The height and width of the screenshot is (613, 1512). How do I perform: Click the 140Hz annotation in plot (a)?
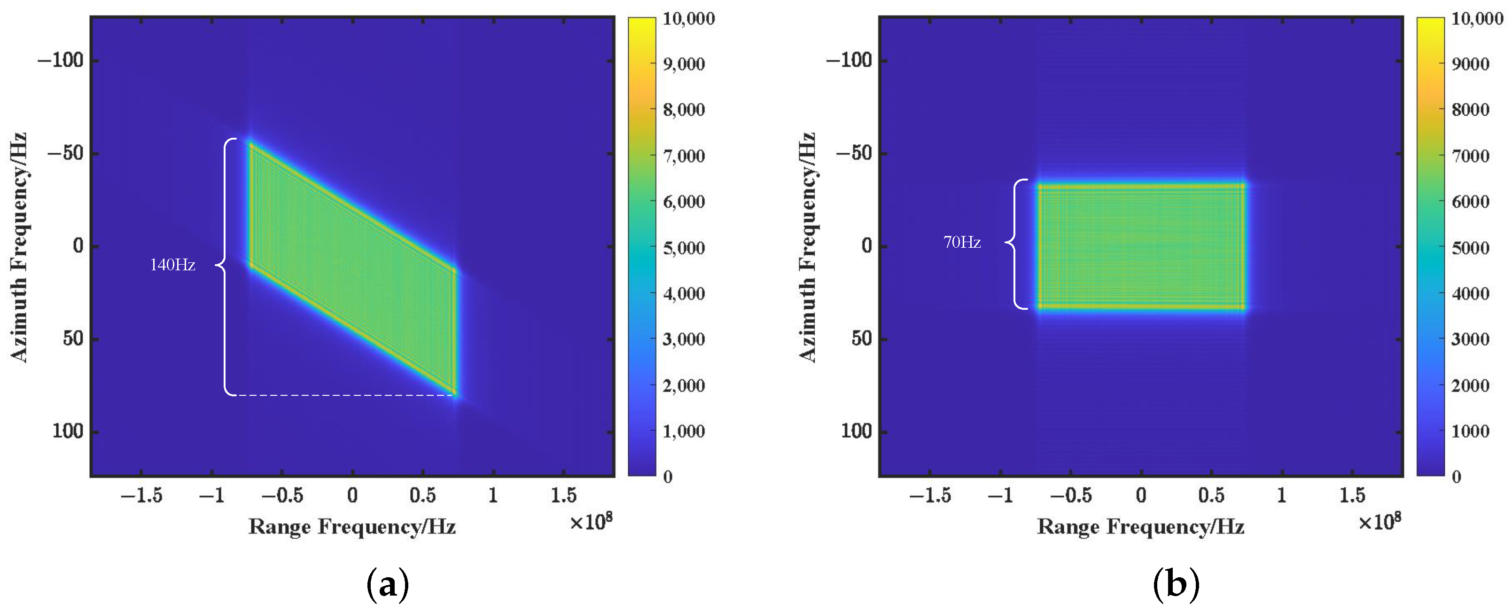172,265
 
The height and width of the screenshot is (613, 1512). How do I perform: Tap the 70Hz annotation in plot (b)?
961,242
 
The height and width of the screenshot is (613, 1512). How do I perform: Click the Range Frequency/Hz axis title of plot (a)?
352,526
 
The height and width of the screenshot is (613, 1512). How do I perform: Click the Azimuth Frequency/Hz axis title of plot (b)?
808,247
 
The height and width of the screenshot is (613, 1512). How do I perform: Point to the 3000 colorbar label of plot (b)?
1470,339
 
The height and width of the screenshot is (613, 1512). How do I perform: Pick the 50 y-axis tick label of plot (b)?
862,339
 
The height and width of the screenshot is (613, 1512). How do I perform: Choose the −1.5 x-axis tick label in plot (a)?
141,495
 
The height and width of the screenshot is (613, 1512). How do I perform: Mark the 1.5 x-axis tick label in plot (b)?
1352,495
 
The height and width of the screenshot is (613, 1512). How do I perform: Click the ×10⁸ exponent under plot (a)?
591,521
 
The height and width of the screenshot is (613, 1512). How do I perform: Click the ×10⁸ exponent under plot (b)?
1380,521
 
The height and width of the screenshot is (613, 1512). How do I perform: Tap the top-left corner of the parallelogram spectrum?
251,143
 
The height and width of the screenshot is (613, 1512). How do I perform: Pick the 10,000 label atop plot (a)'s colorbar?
688,19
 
